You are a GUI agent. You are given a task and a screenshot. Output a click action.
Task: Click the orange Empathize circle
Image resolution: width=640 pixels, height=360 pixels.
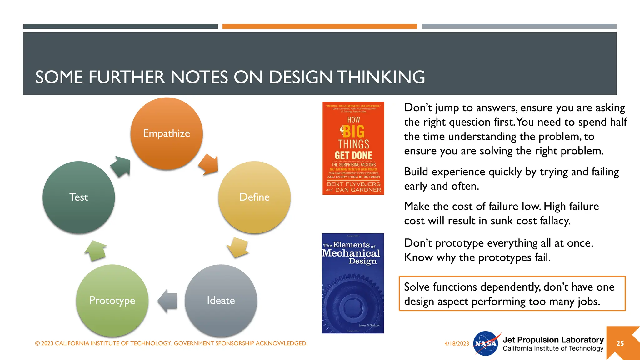click(x=167, y=134)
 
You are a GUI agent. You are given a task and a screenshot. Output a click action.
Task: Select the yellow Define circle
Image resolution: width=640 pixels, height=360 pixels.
click(x=254, y=197)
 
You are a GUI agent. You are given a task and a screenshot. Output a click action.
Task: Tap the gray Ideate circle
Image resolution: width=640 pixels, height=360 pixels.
click(x=221, y=301)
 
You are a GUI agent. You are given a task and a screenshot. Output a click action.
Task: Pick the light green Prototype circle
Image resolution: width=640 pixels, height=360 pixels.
click(x=112, y=301)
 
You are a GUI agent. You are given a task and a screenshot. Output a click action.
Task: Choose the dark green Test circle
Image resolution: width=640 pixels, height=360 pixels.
click(x=79, y=197)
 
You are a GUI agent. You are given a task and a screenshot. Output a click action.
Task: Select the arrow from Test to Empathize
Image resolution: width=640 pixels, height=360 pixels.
click(x=121, y=166)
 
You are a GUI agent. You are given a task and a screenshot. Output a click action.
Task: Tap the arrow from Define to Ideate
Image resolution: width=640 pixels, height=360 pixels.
click(x=238, y=247)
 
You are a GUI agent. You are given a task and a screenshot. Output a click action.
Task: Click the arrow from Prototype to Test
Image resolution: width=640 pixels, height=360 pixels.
click(x=96, y=251)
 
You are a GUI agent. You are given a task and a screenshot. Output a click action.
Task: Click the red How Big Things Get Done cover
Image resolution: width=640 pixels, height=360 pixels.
click(x=353, y=148)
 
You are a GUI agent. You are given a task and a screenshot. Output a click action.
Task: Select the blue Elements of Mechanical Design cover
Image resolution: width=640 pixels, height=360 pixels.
click(x=353, y=283)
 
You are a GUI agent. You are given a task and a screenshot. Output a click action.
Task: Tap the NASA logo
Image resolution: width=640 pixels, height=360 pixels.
click(x=486, y=343)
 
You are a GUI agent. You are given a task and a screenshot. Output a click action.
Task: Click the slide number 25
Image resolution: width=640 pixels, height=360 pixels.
click(x=620, y=343)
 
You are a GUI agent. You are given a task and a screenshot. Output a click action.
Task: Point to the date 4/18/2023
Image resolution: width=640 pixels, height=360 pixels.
click(x=457, y=343)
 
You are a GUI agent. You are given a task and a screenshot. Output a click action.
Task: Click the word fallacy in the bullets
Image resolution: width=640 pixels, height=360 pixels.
click(x=555, y=221)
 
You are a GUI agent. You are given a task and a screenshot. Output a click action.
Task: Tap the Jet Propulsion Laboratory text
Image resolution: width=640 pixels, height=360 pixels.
click(x=553, y=340)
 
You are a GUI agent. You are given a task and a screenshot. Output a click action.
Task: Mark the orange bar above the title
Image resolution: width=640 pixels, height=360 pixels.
click(x=319, y=27)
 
